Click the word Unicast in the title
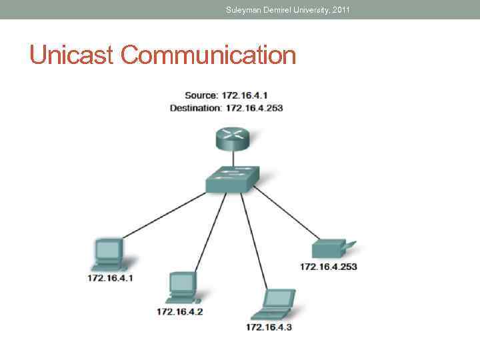(71, 55)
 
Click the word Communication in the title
(208, 55)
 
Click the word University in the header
(305, 10)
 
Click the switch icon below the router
(231, 177)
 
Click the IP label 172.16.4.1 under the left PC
(110, 277)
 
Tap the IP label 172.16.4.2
(180, 311)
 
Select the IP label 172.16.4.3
(269, 327)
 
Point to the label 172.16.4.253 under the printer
(328, 267)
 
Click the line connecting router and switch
(232, 157)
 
